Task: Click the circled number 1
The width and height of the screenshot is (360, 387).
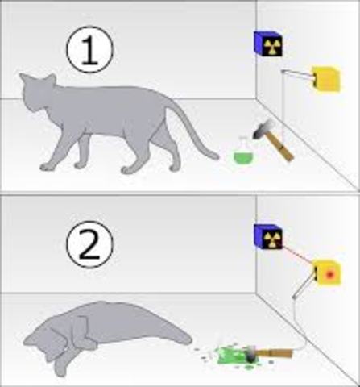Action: click(91, 51)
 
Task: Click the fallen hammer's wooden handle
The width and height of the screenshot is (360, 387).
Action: click(279, 352)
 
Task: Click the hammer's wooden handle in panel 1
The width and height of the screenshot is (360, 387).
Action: click(279, 149)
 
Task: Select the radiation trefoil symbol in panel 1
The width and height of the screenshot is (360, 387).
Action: click(269, 47)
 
